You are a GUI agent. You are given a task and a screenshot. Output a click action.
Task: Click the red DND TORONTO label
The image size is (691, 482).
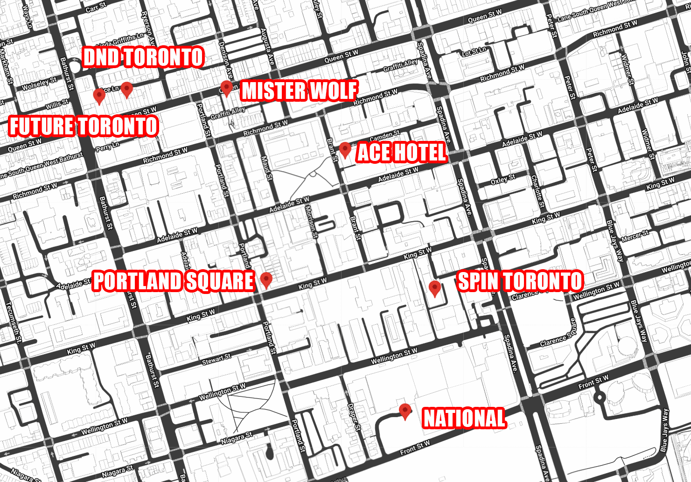[143, 57]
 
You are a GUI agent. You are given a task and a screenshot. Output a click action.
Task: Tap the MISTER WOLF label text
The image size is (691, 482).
[299, 91]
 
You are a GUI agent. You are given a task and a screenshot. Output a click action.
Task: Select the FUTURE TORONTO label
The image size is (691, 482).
[84, 126]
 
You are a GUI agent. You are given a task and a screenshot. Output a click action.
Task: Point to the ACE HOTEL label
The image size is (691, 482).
[401, 153]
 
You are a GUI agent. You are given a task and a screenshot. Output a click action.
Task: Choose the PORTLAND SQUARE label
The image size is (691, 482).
[173, 281]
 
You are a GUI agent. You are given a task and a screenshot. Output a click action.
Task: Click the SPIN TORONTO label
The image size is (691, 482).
[520, 281]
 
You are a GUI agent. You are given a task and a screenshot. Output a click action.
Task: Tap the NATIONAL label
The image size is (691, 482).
[464, 418]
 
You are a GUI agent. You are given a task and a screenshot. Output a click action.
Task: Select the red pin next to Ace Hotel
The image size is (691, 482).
[345, 150]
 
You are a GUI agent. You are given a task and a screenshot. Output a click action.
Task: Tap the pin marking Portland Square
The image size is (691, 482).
[266, 280]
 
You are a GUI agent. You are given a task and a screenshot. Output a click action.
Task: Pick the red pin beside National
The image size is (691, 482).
[405, 411]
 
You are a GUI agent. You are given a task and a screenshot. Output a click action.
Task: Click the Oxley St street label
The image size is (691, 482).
[503, 180]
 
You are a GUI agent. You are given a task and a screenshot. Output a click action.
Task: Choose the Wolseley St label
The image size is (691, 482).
[39, 84]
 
